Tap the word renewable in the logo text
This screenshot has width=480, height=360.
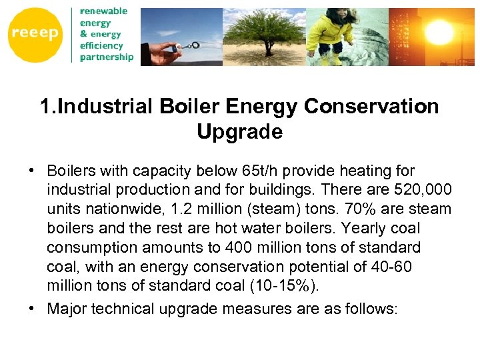click(x=104, y=11)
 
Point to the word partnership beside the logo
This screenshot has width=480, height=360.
click(x=107, y=57)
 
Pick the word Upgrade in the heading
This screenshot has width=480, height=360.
click(x=240, y=132)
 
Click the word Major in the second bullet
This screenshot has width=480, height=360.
click(x=67, y=309)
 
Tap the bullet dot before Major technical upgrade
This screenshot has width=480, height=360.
click(x=33, y=309)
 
